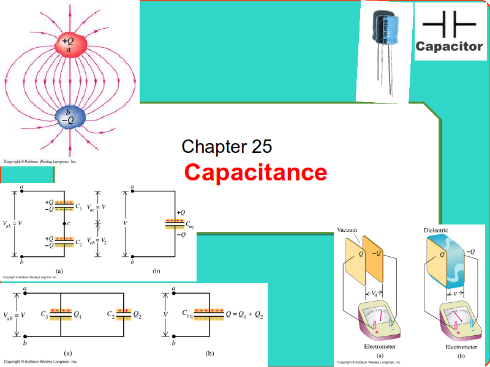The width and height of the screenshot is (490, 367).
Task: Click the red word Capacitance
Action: point(255,172)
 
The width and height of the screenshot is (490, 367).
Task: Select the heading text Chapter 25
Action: point(227,147)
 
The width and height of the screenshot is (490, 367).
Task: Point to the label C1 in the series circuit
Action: point(79,205)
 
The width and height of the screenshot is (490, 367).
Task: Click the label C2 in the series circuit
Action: point(79,242)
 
